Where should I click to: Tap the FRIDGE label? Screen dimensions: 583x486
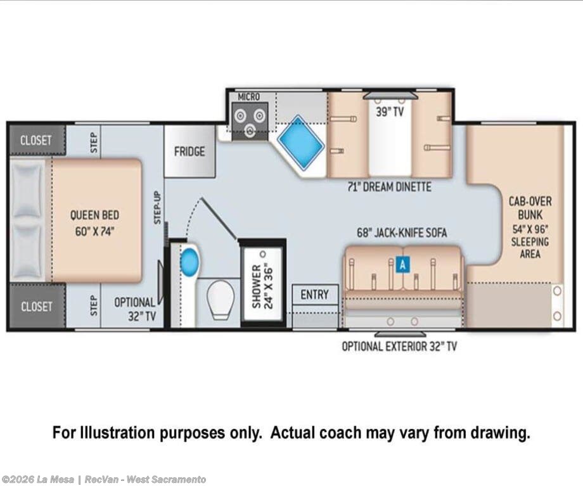click(x=189, y=151)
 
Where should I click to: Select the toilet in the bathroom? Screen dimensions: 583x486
click(x=221, y=300)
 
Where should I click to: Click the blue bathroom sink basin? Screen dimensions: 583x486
click(x=189, y=262)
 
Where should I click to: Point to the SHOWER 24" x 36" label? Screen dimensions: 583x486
click(x=262, y=286)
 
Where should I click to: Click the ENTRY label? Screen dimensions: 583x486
click(x=314, y=295)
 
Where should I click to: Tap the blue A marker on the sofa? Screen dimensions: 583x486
click(x=402, y=265)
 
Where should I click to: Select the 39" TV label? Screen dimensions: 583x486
click(x=390, y=112)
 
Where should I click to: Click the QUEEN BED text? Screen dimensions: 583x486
click(x=95, y=215)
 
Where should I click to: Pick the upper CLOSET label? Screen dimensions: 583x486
click(x=35, y=141)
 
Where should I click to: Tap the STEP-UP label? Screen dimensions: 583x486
click(x=157, y=208)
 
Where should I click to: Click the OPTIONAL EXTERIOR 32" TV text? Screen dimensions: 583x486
click(x=399, y=347)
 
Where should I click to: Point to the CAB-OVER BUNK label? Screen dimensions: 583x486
click(x=530, y=208)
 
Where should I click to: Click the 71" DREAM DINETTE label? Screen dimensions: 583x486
click(x=389, y=187)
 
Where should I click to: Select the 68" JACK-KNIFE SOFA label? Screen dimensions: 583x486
click(x=402, y=233)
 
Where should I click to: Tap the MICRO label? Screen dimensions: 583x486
click(x=249, y=97)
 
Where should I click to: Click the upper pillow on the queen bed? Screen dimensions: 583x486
click(x=27, y=189)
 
